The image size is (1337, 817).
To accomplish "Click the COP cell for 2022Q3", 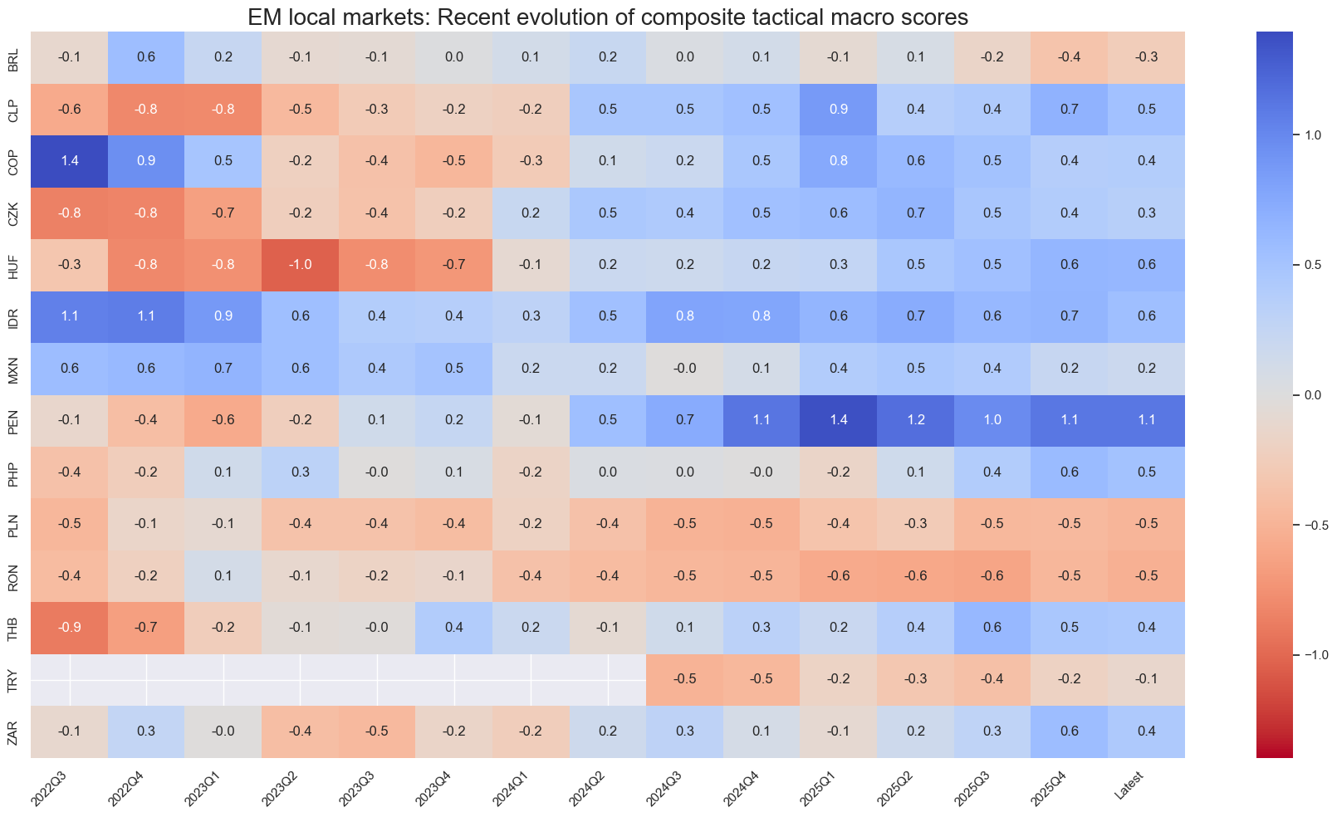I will coord(70,161).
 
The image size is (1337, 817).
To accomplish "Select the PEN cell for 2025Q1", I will coord(839,420).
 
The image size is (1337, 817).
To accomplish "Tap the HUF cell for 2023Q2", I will coord(301,265).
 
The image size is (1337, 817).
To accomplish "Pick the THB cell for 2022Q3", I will coord(70,628).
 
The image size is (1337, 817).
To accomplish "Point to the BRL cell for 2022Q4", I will coord(146,57).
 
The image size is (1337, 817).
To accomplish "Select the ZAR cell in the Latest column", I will coord(1146,731).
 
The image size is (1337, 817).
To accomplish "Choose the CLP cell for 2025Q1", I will coord(839,110).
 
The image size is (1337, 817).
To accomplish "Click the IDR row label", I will coord(13,316).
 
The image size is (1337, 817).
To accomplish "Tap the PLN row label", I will coord(13,524).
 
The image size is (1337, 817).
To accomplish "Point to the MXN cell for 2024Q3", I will coord(685,369).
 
